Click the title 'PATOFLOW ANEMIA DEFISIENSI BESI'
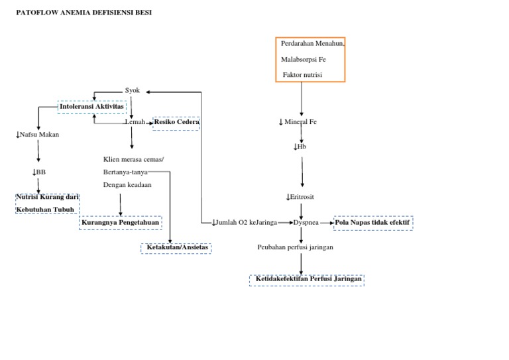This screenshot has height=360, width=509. click(84, 12)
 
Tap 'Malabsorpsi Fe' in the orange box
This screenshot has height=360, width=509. click(303, 59)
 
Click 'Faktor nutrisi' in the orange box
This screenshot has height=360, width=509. click(302, 75)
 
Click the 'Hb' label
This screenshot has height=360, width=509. click(300, 146)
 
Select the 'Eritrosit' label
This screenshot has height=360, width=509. click(302, 197)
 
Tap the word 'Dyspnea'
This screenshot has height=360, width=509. click(306, 223)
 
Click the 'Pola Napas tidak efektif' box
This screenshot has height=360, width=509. click(373, 223)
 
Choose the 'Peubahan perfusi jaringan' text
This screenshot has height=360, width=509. click(295, 247)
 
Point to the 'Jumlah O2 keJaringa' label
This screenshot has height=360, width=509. click(245, 223)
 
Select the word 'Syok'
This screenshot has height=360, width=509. click(133, 90)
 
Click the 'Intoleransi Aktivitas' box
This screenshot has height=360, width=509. click(91, 106)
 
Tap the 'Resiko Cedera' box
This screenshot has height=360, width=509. click(176, 123)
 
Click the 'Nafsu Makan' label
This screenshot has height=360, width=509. click(38, 135)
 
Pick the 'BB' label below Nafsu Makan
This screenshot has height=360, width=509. click(38, 172)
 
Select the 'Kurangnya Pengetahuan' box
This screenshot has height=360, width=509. click(120, 223)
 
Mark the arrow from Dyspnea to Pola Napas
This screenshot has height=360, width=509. click(327, 223)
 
